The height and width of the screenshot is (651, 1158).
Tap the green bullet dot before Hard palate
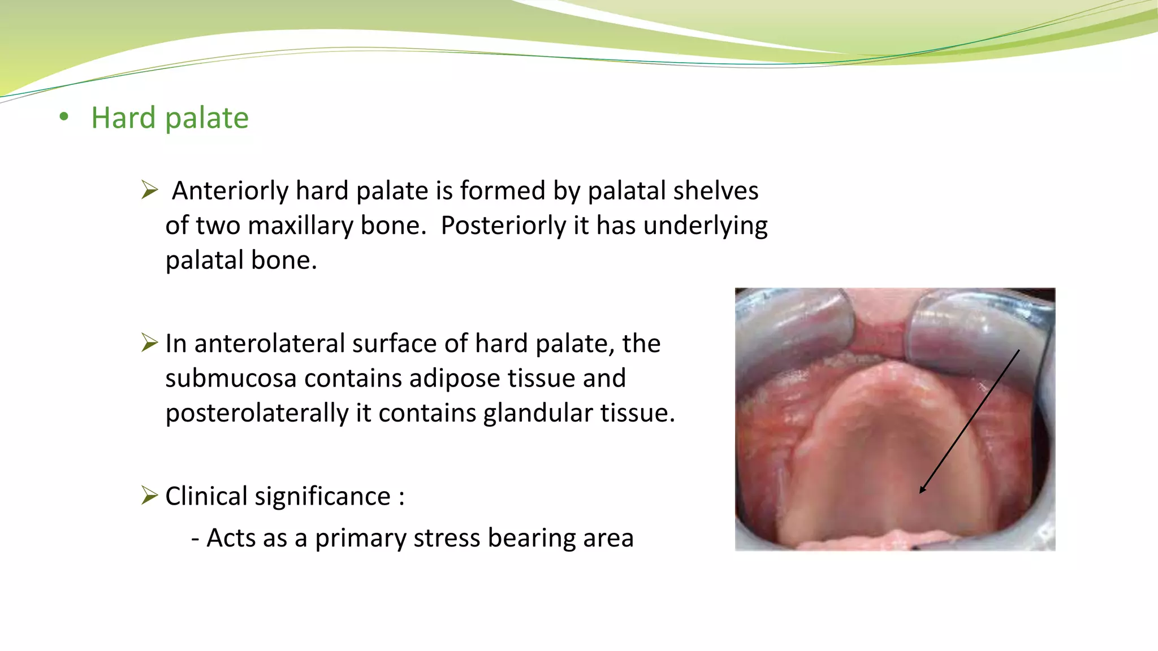(x=64, y=117)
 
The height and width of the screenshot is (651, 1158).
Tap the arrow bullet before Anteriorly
(x=149, y=190)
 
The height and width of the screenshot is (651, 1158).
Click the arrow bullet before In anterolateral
(x=149, y=342)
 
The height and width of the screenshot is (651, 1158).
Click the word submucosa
(x=231, y=379)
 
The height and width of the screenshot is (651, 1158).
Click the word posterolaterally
(x=257, y=414)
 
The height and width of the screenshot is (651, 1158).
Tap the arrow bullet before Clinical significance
(x=149, y=495)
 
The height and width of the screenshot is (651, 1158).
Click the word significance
(x=322, y=497)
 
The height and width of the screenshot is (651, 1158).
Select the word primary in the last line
(x=360, y=539)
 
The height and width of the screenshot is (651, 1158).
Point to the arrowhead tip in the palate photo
(x=921, y=492)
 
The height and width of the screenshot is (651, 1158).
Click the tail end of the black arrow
(x=1019, y=350)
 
